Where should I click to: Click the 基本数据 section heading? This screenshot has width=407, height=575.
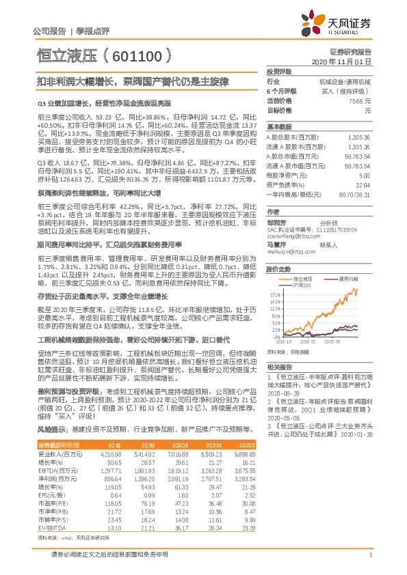click(277, 127)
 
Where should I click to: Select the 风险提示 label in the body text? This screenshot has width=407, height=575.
click(49, 430)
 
